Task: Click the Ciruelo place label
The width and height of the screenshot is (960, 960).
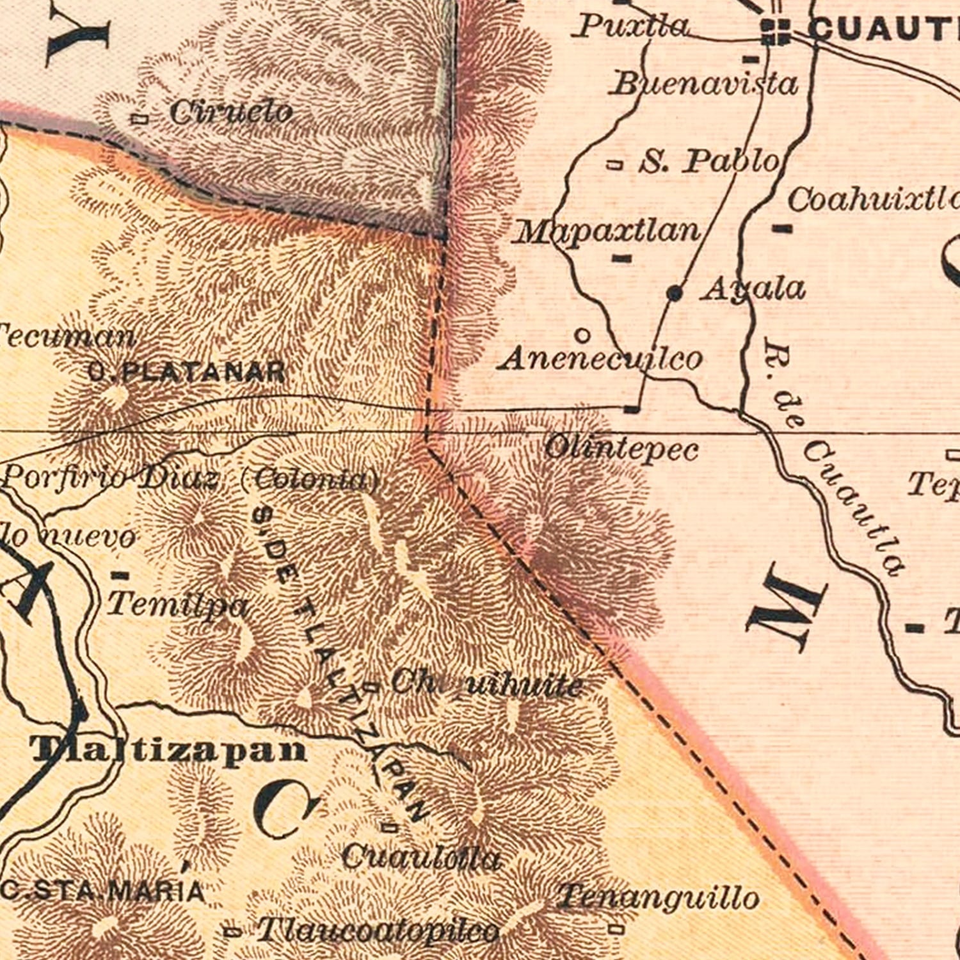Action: pyautogui.click(x=230, y=113)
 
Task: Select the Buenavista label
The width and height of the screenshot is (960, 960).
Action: pyautogui.click(x=705, y=84)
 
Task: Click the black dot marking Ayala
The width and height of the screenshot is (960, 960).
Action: pyautogui.click(x=674, y=293)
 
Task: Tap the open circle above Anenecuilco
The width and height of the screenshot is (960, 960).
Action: pyautogui.click(x=582, y=335)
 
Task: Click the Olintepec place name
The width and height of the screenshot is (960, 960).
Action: pyautogui.click(x=621, y=449)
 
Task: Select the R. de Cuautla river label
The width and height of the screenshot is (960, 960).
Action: pyautogui.click(x=832, y=458)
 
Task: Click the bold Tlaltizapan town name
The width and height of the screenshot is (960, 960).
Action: pyautogui.click(x=169, y=750)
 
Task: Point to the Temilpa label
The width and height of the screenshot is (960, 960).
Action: pyautogui.click(x=177, y=604)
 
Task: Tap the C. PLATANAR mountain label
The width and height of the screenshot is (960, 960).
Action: pyautogui.click(x=186, y=372)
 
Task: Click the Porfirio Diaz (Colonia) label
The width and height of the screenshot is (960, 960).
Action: pyautogui.click(x=191, y=479)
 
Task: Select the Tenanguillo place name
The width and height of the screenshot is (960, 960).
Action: pyautogui.click(x=658, y=897)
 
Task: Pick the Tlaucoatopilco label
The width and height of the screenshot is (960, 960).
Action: pyautogui.click(x=378, y=930)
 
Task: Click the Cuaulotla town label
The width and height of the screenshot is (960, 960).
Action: pyautogui.click(x=420, y=858)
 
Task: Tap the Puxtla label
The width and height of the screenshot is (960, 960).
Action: pyautogui.click(x=632, y=27)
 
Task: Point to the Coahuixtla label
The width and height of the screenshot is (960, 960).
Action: pyautogui.click(x=873, y=200)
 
